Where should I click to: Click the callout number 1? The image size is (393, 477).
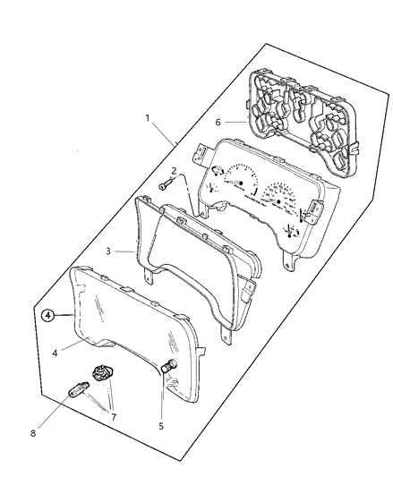tap(148, 118)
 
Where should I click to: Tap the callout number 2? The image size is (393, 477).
tap(174, 171)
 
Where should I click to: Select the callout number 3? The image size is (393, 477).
tap(108, 251)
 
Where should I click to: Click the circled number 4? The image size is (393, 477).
tap(48, 316)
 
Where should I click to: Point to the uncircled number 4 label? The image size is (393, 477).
tap(55, 353)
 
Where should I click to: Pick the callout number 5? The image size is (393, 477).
tap(161, 426)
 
